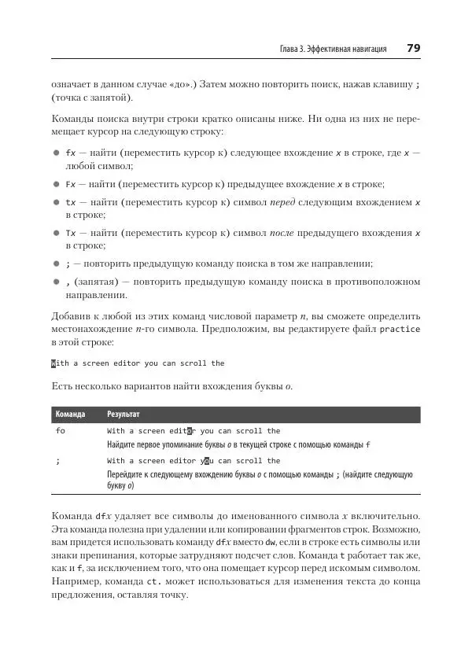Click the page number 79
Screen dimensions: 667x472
coord(413,49)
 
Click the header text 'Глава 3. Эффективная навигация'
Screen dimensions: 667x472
coord(333,50)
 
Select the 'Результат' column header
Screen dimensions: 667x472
coord(124,414)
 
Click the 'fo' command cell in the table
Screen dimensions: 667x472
coord(60,431)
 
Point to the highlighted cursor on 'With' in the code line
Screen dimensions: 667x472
coord(53,363)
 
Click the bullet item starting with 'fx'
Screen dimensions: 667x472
coord(71,152)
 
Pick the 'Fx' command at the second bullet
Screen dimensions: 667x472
coord(71,184)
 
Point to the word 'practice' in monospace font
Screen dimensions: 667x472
coord(400,329)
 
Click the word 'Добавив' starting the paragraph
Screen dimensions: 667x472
coord(71,314)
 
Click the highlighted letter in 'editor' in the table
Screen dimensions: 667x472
coord(189,431)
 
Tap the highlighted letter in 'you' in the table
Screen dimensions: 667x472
coord(206,461)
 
